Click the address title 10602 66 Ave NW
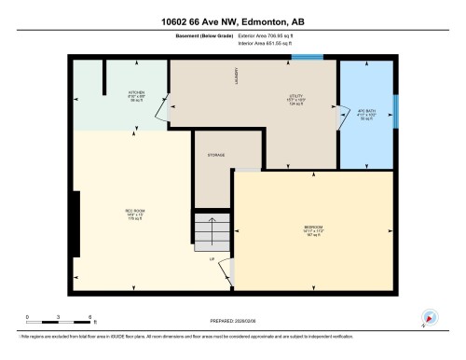click(232, 21)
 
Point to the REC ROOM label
click(133, 213)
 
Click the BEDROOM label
click(313, 230)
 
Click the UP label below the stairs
click(212, 258)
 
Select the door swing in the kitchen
click(162, 110)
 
